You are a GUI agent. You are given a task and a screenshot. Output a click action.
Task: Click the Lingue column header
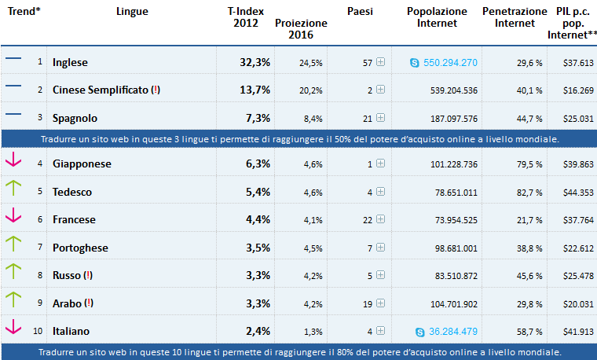pyautogui.click(x=131, y=12)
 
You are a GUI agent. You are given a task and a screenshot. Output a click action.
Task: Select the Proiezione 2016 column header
pyautogui.click(x=301, y=29)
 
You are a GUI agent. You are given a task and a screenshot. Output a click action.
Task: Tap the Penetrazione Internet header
pyautogui.click(x=515, y=17)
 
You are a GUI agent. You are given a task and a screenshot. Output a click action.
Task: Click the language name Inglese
pyautogui.click(x=70, y=62)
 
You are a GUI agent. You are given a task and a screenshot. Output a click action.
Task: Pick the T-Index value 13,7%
pyautogui.click(x=255, y=90)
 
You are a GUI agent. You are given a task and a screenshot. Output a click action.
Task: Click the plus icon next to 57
pyautogui.click(x=380, y=62)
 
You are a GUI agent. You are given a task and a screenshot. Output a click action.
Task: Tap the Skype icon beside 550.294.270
pyautogui.click(x=415, y=62)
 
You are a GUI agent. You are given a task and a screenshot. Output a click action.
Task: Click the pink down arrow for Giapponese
pyautogui.click(x=13, y=161)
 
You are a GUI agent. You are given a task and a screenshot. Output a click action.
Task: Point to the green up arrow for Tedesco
pyautogui.click(x=13, y=188)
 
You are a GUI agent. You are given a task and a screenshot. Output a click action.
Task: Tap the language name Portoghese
pyautogui.click(x=79, y=248)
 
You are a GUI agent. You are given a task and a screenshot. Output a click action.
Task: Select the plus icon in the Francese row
pyautogui.click(x=380, y=220)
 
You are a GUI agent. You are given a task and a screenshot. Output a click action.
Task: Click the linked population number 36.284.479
pyautogui.click(x=450, y=331)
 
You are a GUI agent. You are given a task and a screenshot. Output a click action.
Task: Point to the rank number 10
pyautogui.click(x=38, y=331)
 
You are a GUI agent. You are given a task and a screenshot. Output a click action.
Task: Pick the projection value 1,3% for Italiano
pyautogui.click(x=313, y=331)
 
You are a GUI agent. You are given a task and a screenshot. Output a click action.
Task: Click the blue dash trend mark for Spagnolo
pyautogui.click(x=13, y=115)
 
